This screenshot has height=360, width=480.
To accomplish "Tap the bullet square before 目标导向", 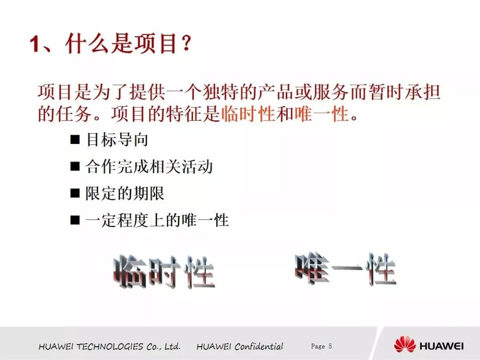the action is (75, 140).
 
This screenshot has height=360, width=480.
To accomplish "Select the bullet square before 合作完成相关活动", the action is (75, 166).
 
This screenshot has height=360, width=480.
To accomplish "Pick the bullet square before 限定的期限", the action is (75, 193).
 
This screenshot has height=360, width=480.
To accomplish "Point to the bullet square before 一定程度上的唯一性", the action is (75, 220).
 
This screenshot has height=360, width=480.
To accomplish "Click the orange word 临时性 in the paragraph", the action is (248, 114).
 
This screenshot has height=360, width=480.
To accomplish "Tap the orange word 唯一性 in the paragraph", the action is (322, 114).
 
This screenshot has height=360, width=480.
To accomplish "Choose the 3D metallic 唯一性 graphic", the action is (345, 269).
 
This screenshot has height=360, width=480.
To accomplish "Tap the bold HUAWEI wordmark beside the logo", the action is (441, 346).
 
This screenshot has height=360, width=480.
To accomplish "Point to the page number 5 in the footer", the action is (330, 346).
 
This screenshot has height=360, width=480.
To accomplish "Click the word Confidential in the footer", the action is (259, 347).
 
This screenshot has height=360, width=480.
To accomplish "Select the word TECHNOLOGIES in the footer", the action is (110, 347).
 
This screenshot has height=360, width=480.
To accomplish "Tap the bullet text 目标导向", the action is (117, 140).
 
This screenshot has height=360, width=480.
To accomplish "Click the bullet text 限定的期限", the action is (125, 193).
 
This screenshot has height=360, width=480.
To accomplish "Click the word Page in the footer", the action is (318, 346).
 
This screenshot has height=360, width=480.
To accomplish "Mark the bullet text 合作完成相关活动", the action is (149, 167).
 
